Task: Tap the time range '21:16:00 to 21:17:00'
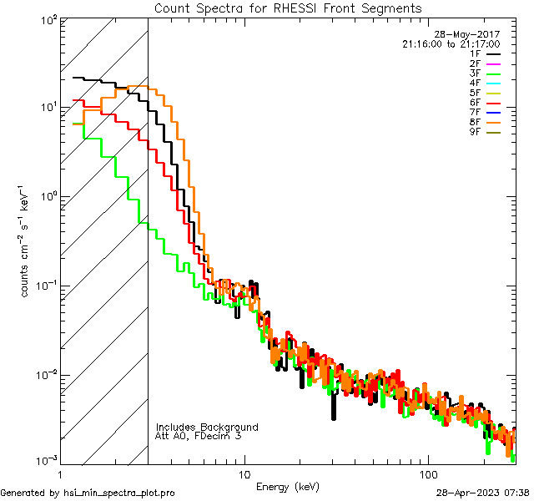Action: click(451, 43)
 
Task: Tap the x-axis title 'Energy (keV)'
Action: click(288, 486)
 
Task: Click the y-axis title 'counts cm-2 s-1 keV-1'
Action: click(28, 240)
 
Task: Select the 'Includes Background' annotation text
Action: click(207, 427)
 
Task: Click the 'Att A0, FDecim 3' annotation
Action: click(199, 436)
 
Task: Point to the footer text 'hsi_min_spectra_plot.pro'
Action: click(119, 493)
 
